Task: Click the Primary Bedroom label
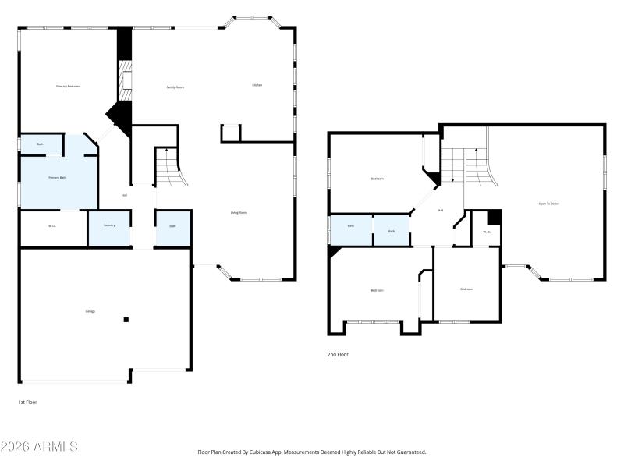(x=68, y=86)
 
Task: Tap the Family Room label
(x=175, y=87)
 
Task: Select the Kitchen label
(x=257, y=85)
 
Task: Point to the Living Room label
(x=239, y=212)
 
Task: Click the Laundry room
(x=109, y=227)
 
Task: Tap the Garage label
(x=90, y=311)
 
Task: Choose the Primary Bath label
(x=57, y=178)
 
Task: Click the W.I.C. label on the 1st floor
(x=51, y=227)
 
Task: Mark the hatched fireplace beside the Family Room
(x=123, y=79)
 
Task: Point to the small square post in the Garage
(x=126, y=320)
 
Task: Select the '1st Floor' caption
(x=27, y=402)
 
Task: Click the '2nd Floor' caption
(x=338, y=354)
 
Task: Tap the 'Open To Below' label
(x=548, y=204)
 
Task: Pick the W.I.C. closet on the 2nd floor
(x=486, y=232)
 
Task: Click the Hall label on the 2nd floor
(x=441, y=210)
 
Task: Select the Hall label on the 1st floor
(x=124, y=195)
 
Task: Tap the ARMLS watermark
(x=39, y=447)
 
